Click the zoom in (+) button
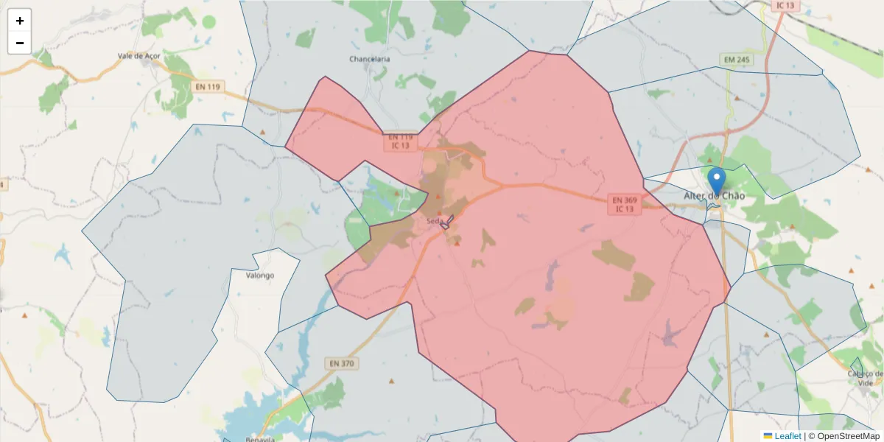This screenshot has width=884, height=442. click(x=20, y=21)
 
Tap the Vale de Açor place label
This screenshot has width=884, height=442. click(x=138, y=55)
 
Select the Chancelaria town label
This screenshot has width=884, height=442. click(x=370, y=59)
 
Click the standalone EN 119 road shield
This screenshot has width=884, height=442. click(x=208, y=87)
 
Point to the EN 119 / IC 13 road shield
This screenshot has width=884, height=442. click(x=401, y=141)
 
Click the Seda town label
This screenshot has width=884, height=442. click(x=434, y=220)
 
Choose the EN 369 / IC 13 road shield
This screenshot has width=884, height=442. click(x=625, y=204)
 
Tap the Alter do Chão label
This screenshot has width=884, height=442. click(x=714, y=196)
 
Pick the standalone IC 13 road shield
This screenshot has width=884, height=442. click(x=785, y=5)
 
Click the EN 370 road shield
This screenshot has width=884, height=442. click(x=342, y=363)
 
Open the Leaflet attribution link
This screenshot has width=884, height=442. click(x=787, y=436)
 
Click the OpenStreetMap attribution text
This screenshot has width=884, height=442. click(x=848, y=436)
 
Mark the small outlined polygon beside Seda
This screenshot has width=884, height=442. click(x=445, y=223)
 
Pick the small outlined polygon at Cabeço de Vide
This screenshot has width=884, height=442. click(x=857, y=366)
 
